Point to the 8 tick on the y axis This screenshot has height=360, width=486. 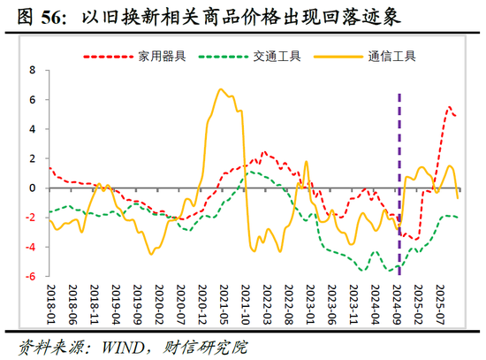point(33,70)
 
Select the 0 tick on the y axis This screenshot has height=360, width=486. point(33,188)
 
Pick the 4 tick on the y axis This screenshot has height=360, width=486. point(33,129)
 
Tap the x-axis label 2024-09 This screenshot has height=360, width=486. point(398,305)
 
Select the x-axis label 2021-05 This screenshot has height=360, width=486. point(224,305)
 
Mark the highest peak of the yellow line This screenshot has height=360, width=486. point(220,89)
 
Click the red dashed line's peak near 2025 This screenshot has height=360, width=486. point(449,107)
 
